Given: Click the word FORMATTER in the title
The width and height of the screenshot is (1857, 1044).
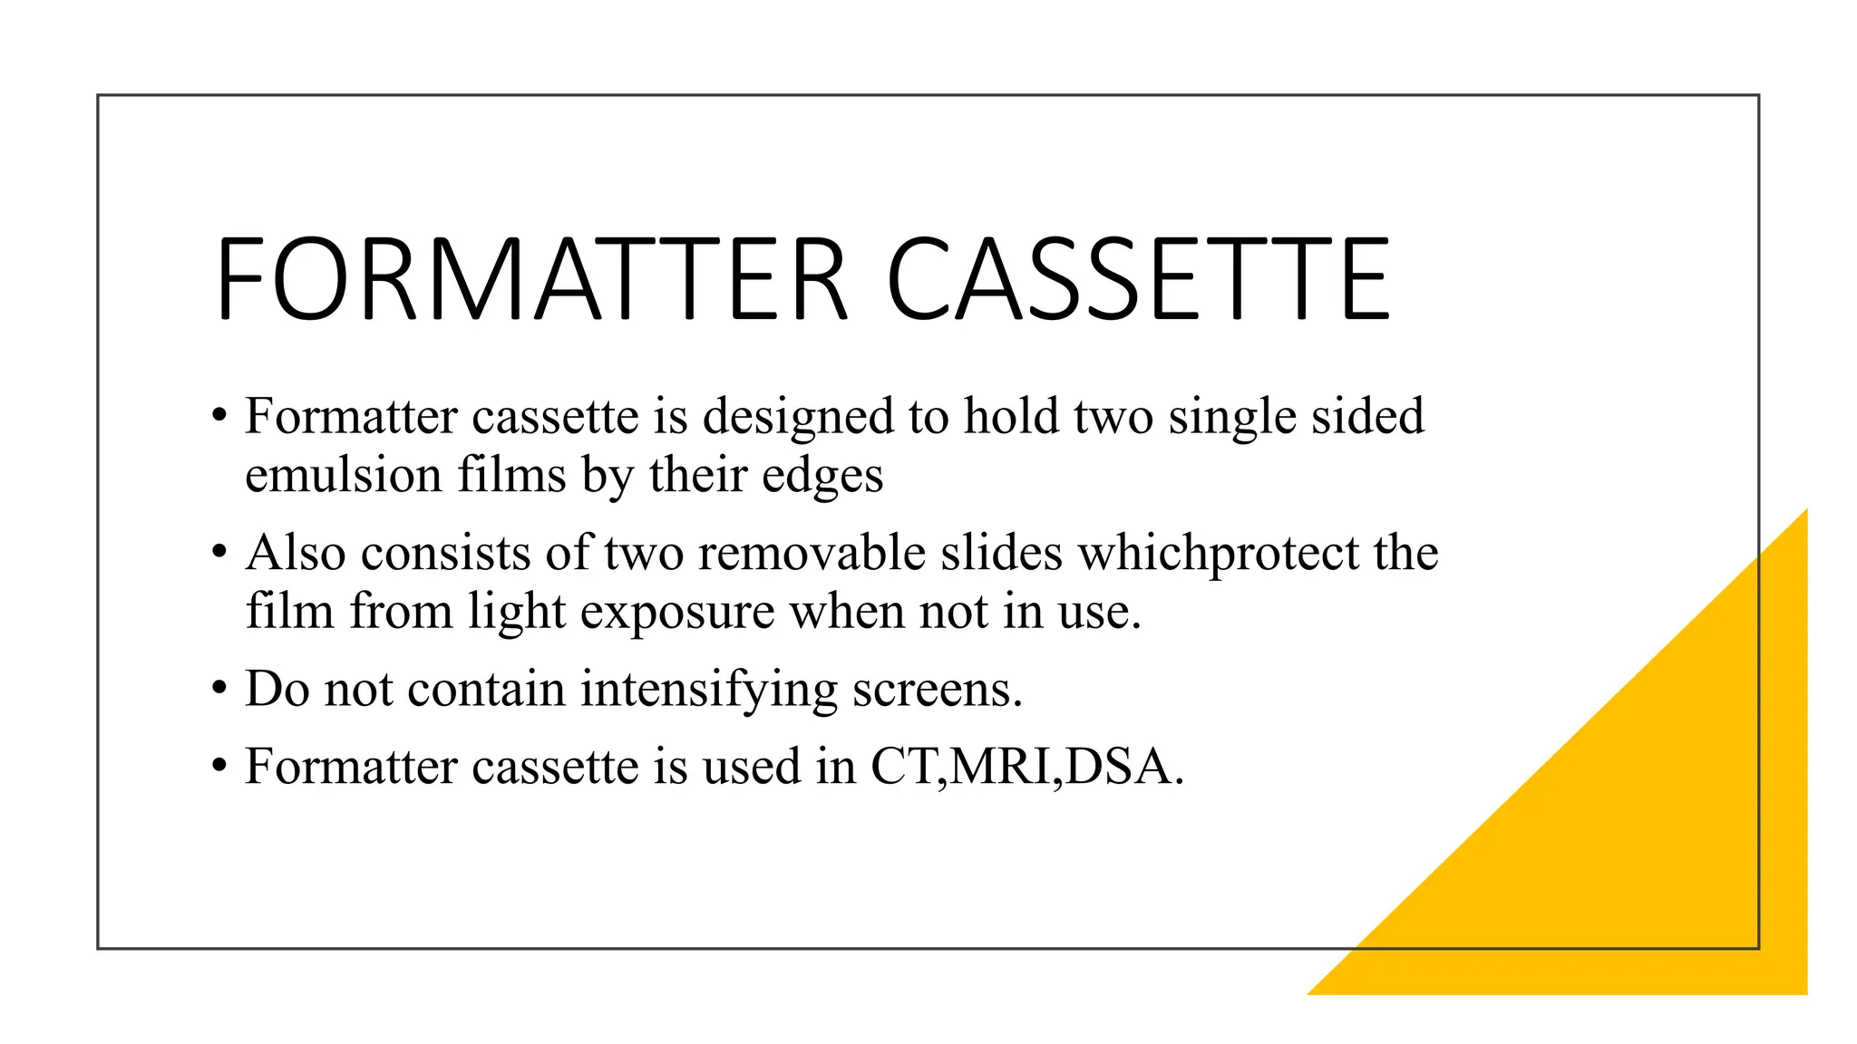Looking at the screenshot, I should point(531,279).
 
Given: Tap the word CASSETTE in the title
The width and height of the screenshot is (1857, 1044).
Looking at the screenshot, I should point(1137,279).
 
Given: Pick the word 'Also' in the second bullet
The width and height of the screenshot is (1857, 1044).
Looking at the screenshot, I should point(296,553).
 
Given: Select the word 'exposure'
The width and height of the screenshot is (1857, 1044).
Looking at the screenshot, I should point(677,613).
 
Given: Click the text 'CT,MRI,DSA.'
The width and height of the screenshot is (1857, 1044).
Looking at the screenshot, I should point(1027,768).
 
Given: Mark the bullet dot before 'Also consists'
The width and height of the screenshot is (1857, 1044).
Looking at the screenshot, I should point(219,553).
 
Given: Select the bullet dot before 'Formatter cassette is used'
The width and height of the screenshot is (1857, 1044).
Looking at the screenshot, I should point(219,768).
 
